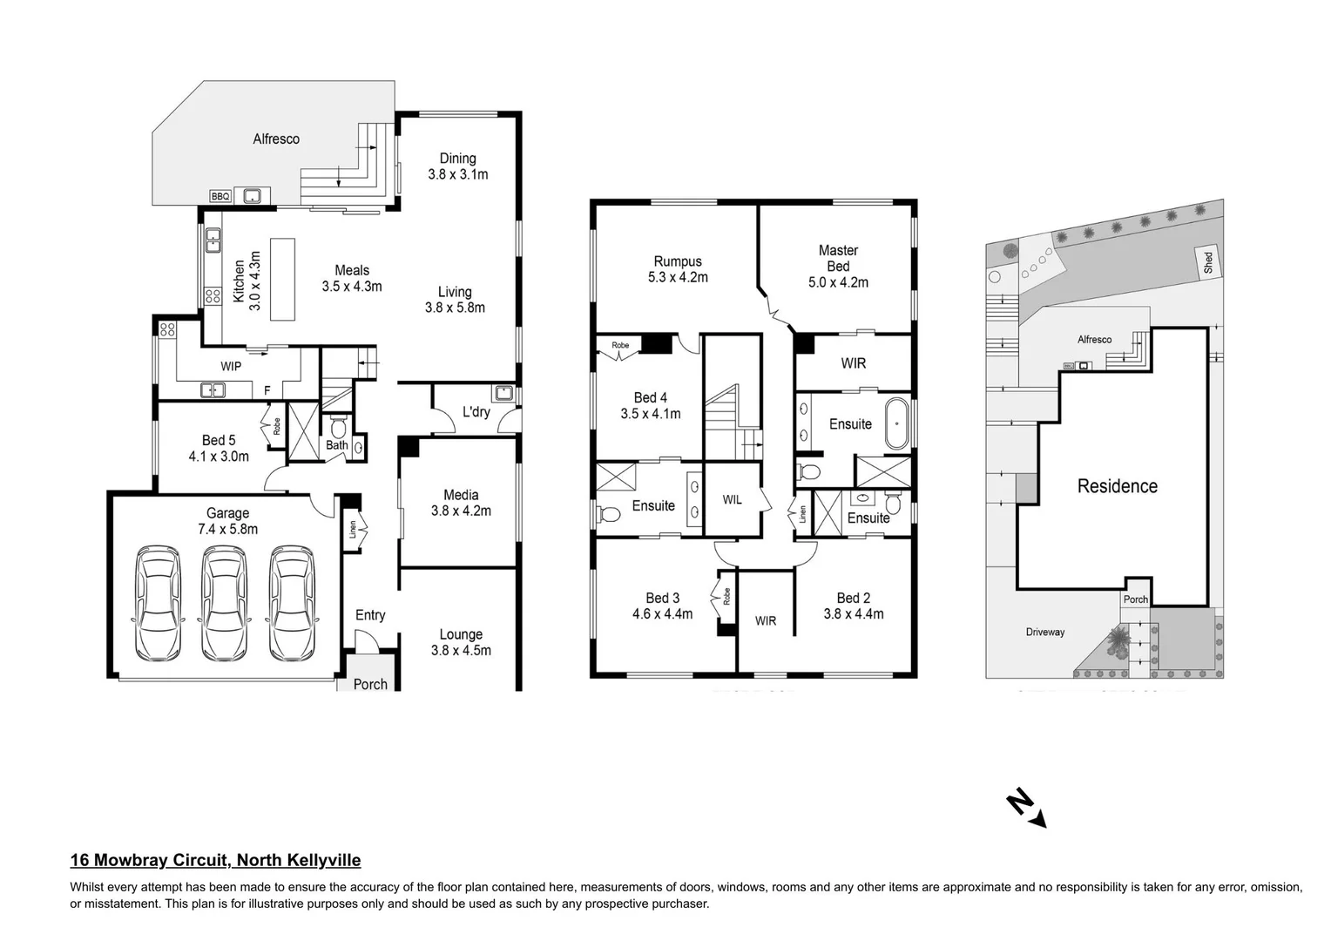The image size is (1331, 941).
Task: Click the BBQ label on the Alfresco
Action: [x=220, y=197]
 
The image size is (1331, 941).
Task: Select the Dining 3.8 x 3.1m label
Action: [x=457, y=166]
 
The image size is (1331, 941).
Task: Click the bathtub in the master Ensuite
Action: [x=896, y=423]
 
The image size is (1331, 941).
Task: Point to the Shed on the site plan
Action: [x=1207, y=262]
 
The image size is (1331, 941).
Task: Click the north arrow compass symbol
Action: [x=1026, y=808]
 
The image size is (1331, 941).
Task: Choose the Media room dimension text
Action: [x=461, y=511]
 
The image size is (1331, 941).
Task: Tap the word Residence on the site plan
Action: [x=1117, y=486]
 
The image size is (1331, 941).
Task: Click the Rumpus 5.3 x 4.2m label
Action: [x=678, y=269]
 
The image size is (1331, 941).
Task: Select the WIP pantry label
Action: [x=231, y=367]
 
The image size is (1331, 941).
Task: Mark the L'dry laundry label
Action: [x=476, y=411]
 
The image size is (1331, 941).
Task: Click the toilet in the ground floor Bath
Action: [x=338, y=429]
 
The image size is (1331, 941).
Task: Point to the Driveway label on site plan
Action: [x=1044, y=632]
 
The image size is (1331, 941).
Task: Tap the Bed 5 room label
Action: [x=219, y=441]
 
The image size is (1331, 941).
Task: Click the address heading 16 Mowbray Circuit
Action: [x=215, y=861]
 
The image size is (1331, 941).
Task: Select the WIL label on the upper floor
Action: [x=732, y=500]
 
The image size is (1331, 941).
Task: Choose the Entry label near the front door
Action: [x=370, y=615]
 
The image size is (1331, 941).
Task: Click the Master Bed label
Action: [x=838, y=258]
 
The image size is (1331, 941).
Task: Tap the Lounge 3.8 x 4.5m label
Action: [x=461, y=642]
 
